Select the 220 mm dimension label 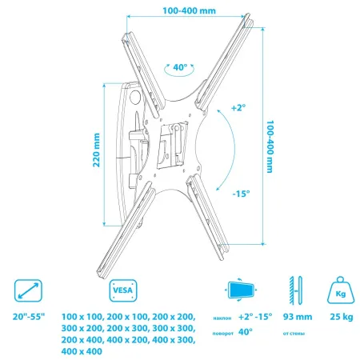click(x=95, y=153)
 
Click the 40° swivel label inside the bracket click(x=181, y=69)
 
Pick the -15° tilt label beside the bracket click(x=242, y=194)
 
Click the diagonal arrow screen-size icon click(x=29, y=290)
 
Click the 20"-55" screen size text click(x=30, y=317)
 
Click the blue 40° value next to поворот click(x=243, y=330)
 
